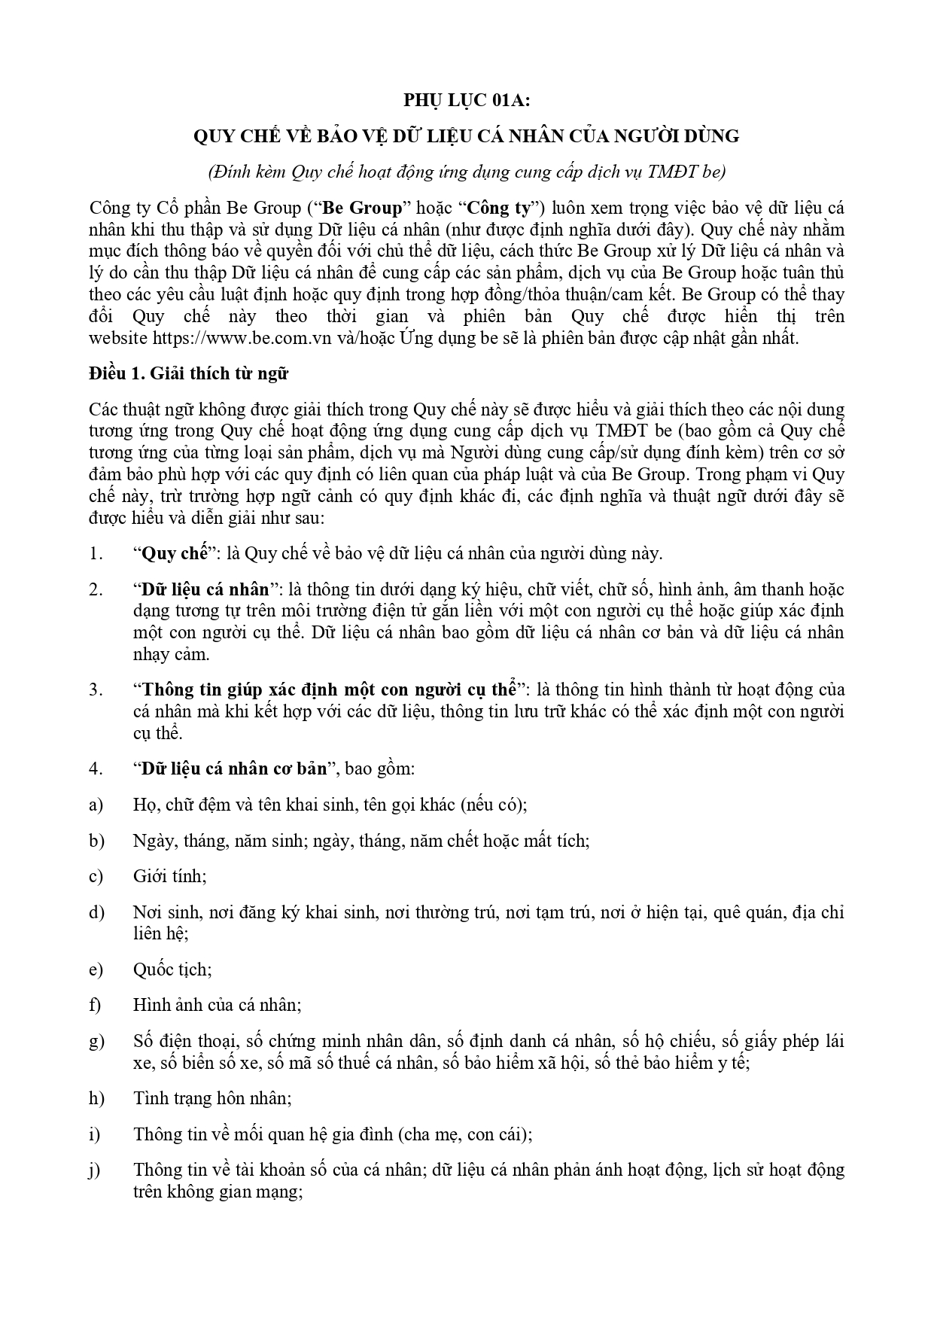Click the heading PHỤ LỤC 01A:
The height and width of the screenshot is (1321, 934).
coord(467,100)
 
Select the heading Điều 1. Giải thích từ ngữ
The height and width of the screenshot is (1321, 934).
coord(188,374)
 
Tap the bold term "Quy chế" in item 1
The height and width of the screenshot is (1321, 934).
coord(175,554)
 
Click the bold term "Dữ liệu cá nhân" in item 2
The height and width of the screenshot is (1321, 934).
coord(208,589)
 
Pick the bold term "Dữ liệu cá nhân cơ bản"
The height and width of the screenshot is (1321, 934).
coord(235,769)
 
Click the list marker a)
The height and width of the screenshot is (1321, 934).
coord(96,805)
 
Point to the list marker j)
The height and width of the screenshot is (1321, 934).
coord(95,1170)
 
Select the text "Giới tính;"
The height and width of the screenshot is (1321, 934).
coord(170,876)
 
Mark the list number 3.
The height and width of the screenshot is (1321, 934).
coord(95,689)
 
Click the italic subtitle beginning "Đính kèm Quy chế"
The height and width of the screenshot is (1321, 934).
coord(467,172)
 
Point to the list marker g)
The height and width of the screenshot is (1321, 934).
coord(96,1042)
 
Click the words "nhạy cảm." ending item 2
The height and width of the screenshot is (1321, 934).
coord(171,654)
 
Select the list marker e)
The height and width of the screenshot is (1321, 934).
coord(96,969)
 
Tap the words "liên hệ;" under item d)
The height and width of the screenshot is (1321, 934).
coord(160,933)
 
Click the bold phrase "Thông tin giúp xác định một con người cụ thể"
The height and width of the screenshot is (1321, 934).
coord(328,689)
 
